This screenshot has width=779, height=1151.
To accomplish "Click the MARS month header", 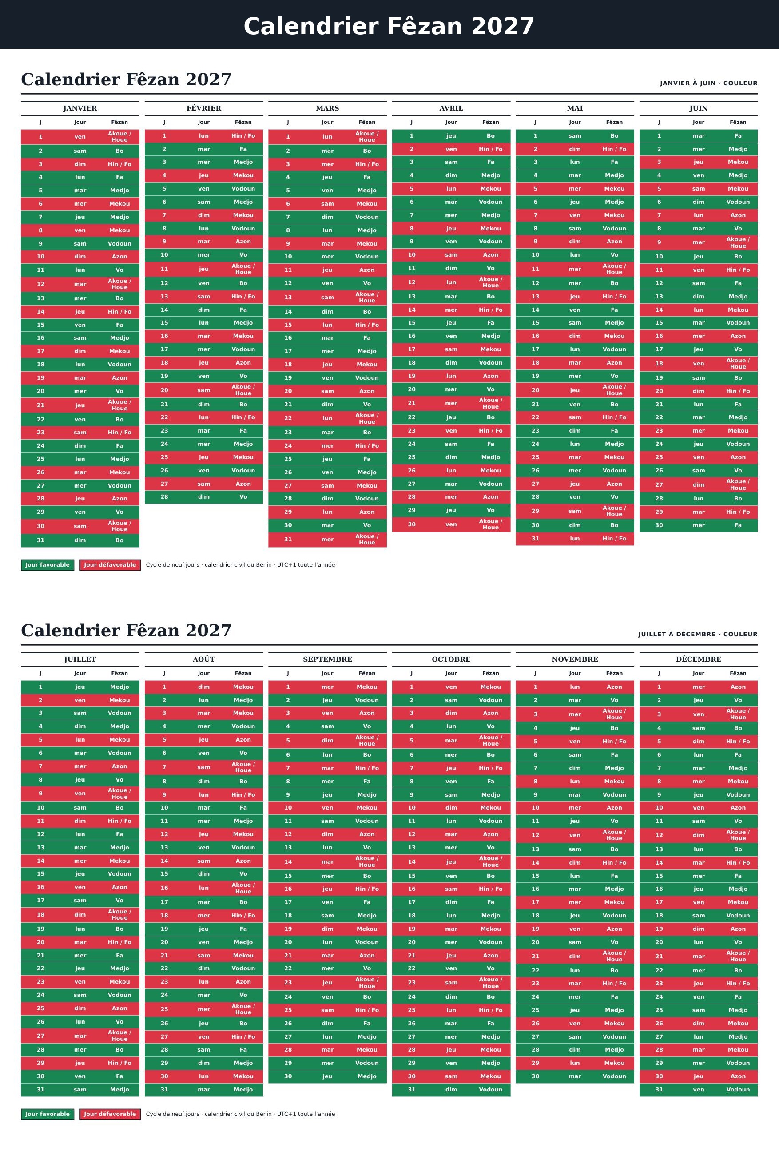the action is tap(327, 108).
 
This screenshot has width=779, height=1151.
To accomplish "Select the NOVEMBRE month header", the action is tap(574, 659).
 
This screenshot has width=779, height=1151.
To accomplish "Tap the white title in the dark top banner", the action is tap(389, 26).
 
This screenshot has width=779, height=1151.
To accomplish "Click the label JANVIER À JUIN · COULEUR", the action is tap(708, 83).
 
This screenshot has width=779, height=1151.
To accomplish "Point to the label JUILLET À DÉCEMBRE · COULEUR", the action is tap(697, 635).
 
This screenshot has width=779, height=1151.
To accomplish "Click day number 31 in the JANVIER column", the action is tap(40, 540).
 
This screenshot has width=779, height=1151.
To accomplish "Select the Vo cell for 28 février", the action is tap(243, 497).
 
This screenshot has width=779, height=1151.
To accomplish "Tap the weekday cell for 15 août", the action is tap(203, 874).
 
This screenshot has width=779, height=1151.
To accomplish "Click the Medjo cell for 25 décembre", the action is tap(738, 1010).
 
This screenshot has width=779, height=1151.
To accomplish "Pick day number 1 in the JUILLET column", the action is tap(40, 687).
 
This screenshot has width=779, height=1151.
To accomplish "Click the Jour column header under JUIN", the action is tap(698, 122).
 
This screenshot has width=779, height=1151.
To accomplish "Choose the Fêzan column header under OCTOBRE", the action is tap(490, 673).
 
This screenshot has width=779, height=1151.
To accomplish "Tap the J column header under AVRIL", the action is tap(412, 122).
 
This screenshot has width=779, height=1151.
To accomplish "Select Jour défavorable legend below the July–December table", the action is tap(110, 1114).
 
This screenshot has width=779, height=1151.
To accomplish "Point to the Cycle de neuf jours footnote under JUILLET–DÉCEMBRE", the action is tap(240, 1114).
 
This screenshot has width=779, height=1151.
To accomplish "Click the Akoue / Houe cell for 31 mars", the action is tap(367, 540).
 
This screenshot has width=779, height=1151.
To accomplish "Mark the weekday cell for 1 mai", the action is tap(574, 136).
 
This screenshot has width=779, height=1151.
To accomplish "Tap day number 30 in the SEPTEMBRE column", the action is tap(288, 1076).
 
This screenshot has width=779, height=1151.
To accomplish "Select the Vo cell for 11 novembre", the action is tap(614, 821).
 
